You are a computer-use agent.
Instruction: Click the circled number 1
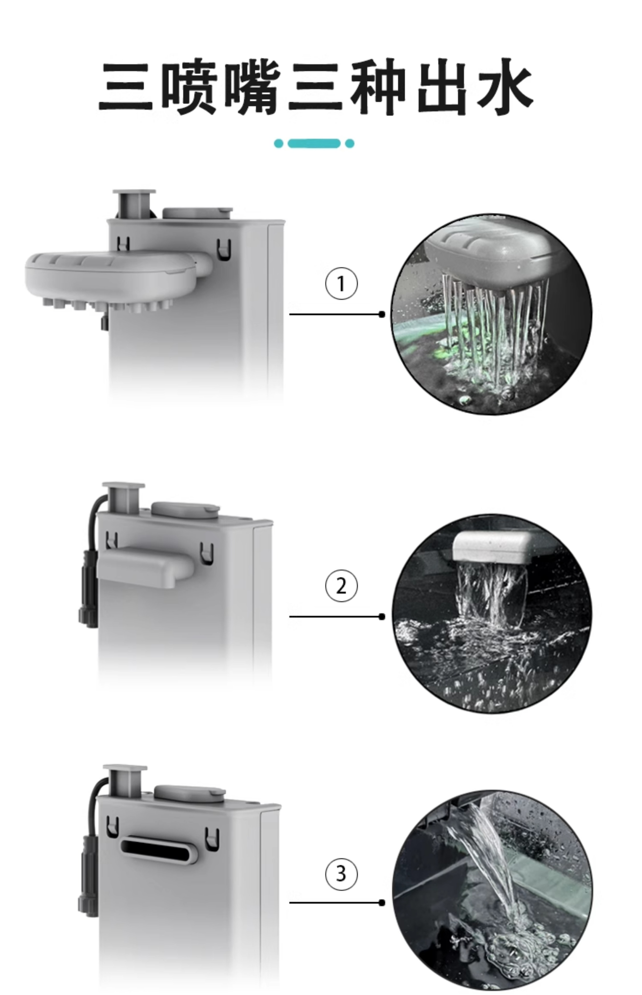341,284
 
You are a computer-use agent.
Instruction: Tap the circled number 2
341,586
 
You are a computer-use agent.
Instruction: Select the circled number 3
341,873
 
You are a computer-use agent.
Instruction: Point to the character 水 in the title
505,87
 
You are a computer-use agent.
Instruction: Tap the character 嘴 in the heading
252,87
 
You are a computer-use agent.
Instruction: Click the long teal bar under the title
314,144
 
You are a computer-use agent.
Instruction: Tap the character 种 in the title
377,87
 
